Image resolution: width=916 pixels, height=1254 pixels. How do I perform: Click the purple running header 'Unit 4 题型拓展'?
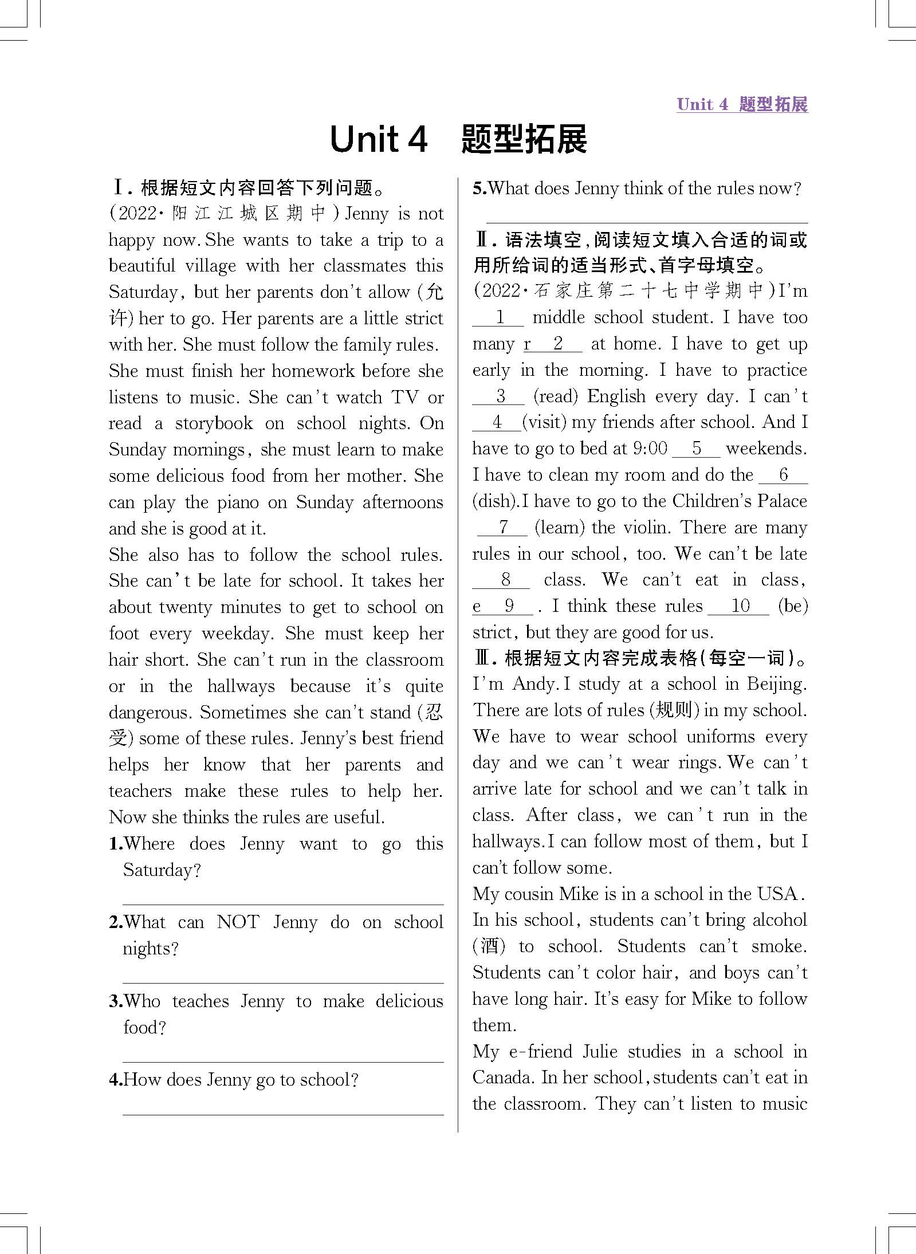coord(742,104)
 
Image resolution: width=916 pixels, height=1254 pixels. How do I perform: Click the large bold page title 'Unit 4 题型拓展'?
coord(458,139)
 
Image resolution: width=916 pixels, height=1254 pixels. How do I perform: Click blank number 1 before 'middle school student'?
coord(498,318)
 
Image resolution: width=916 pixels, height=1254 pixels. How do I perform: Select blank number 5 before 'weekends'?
coord(696,449)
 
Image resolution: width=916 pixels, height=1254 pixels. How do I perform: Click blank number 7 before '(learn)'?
coord(502,528)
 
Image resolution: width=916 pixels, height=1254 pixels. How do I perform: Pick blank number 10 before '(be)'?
coord(739,606)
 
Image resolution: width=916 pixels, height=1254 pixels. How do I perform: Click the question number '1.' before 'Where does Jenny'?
coord(116,844)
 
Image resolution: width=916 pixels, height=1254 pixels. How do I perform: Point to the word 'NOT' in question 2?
coord(238,922)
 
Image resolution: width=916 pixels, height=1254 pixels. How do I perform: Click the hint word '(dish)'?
coord(494,501)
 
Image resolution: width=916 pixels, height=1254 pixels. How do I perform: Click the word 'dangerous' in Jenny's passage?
coord(150,713)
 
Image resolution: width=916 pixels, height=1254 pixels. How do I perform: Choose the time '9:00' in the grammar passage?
coord(650,449)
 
